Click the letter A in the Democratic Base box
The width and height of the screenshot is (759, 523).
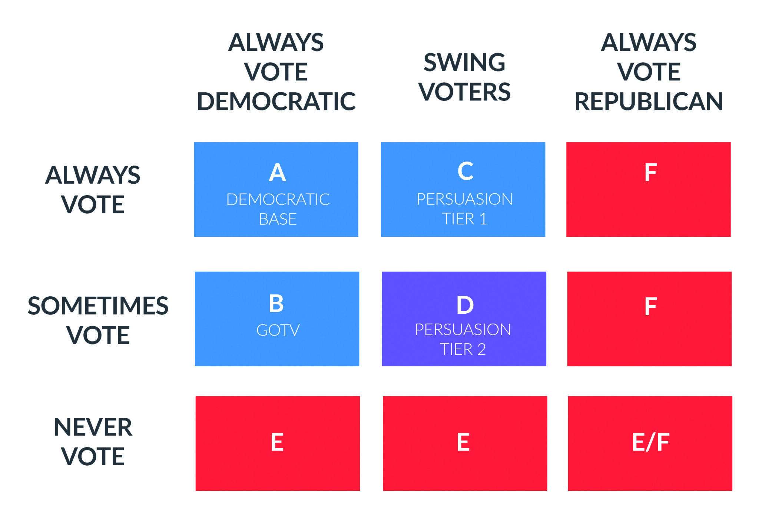[277, 173]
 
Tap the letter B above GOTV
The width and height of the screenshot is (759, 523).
[276, 303]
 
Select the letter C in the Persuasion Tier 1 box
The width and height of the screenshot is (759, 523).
[465, 171]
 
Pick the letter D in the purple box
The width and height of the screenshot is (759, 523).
[465, 305]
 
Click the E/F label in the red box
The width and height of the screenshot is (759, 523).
[650, 442]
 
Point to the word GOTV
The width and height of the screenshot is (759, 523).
[278, 330]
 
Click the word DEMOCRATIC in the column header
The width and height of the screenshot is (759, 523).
[276, 101]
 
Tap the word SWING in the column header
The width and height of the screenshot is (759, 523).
[464, 62]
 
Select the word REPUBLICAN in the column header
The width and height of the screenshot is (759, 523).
[649, 101]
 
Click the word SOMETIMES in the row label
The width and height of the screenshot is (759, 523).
[98, 306]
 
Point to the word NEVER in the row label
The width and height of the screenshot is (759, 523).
[93, 427]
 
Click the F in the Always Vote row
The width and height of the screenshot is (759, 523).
[650, 172]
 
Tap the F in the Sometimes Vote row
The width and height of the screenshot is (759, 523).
[650, 306]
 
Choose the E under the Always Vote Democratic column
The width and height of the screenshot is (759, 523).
[277, 442]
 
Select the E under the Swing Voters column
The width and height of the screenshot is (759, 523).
[463, 442]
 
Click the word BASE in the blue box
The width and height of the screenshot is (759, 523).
[278, 219]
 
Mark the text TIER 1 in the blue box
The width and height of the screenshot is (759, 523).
[464, 219]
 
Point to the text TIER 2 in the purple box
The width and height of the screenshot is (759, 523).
[463, 349]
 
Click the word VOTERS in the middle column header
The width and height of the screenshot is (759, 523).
[464, 92]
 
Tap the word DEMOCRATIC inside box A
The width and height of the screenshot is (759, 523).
[278, 199]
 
